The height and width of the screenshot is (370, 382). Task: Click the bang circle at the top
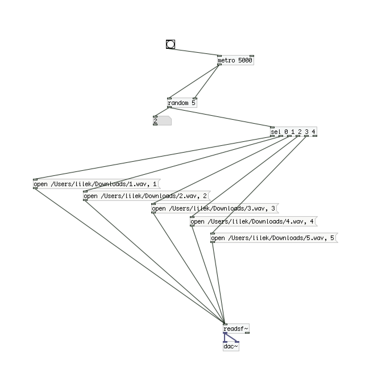point(171,44)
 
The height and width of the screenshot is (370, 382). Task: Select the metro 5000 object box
point(235,60)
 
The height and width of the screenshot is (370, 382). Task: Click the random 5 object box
point(182,103)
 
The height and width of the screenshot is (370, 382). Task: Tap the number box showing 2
point(162,121)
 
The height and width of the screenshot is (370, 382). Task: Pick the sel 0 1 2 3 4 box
point(293,132)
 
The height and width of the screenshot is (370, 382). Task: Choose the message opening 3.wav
point(214,209)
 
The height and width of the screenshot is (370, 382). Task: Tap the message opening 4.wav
point(253,222)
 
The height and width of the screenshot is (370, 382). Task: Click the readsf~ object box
point(236,329)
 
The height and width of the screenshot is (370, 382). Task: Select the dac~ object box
point(231,346)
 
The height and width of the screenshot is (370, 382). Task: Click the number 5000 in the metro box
point(245,60)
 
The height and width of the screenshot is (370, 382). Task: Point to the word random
point(178,103)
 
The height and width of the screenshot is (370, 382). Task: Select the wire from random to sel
point(221,117)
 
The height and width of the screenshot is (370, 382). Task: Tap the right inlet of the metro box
point(252,56)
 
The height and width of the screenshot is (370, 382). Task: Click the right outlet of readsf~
point(247,333)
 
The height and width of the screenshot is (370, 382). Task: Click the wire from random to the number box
point(162,112)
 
